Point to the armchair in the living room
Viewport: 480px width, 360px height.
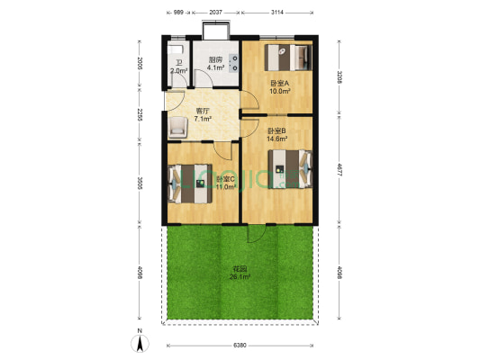pyautogui.click(x=177, y=128)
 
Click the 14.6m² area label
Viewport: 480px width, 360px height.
pyautogui.click(x=277, y=139)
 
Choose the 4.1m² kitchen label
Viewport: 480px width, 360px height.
pyautogui.click(x=215, y=67)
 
